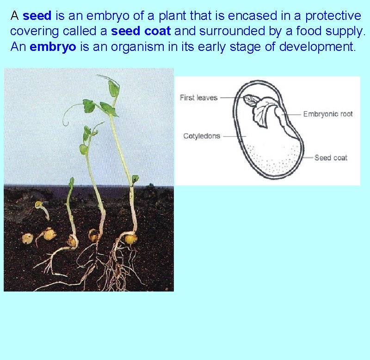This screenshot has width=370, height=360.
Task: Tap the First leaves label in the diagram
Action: [198, 98]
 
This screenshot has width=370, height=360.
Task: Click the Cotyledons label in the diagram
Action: [202, 136]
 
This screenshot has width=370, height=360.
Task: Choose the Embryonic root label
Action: [328, 114]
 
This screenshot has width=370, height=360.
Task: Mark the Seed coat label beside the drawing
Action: [331, 158]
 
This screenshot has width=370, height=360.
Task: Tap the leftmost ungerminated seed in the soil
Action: [27, 239]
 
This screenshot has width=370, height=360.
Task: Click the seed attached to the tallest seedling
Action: [131, 239]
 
